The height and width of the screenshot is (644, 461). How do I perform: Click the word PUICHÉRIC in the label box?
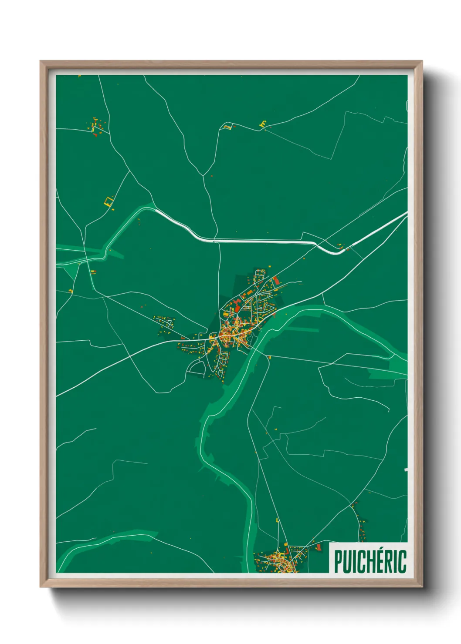point(370,561)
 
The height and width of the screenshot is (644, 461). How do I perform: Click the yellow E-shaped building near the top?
point(263,124)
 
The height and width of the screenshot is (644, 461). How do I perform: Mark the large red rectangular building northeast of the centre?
point(276,280)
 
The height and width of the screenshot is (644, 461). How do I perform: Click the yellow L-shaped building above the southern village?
point(278,520)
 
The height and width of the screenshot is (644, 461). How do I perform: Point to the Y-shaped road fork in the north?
point(203,175)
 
